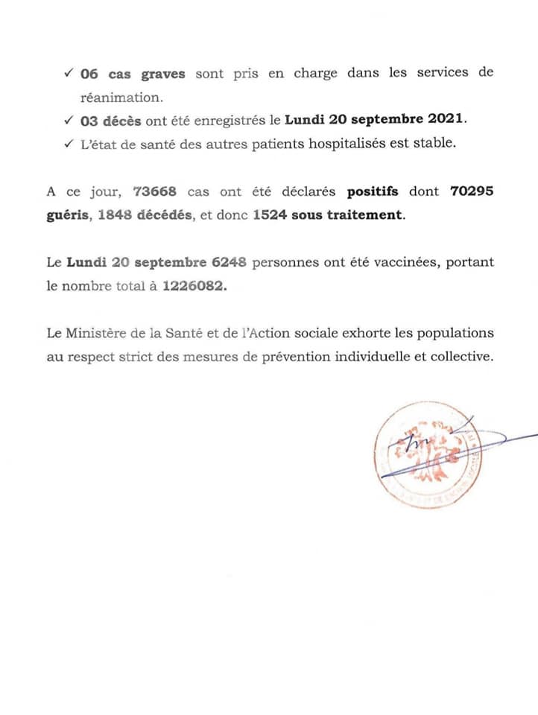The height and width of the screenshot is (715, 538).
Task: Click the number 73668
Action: click(x=154, y=191)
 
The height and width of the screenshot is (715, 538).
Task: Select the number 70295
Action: click(x=472, y=191)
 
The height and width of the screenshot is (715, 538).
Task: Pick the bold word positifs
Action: click(x=373, y=191)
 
